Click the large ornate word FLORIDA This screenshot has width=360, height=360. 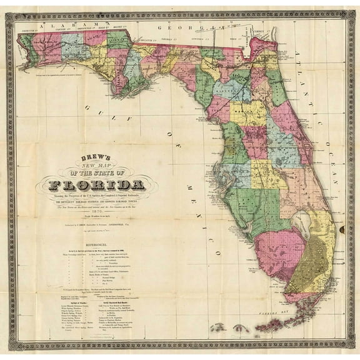coord(97,185)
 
